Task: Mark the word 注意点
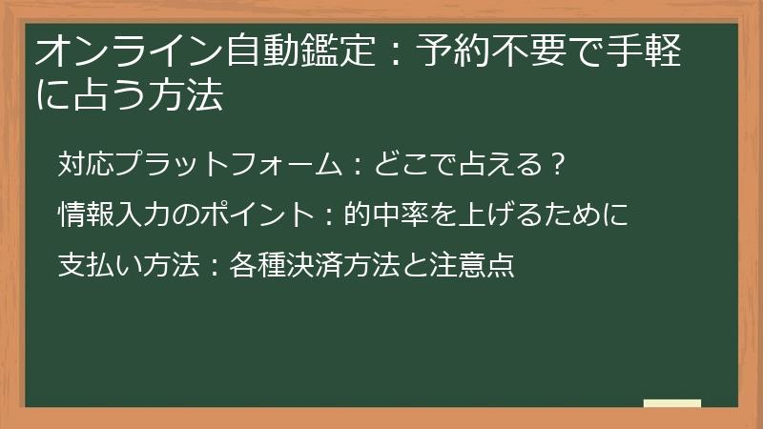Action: (478, 263)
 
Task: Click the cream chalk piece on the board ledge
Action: (672, 403)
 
